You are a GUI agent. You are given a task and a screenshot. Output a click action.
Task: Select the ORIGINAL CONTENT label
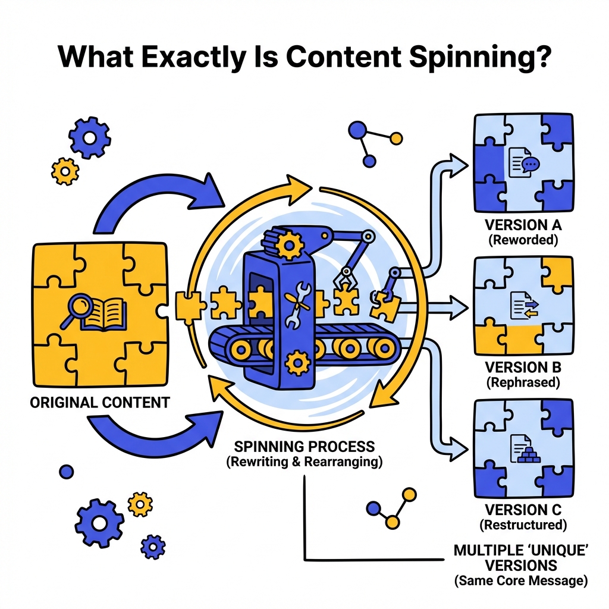[x=99, y=403]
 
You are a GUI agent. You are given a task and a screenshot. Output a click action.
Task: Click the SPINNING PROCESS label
[x=304, y=446]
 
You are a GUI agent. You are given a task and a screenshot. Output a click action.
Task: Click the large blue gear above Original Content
[x=89, y=138]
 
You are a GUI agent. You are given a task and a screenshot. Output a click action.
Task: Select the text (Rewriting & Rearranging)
[x=304, y=462]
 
